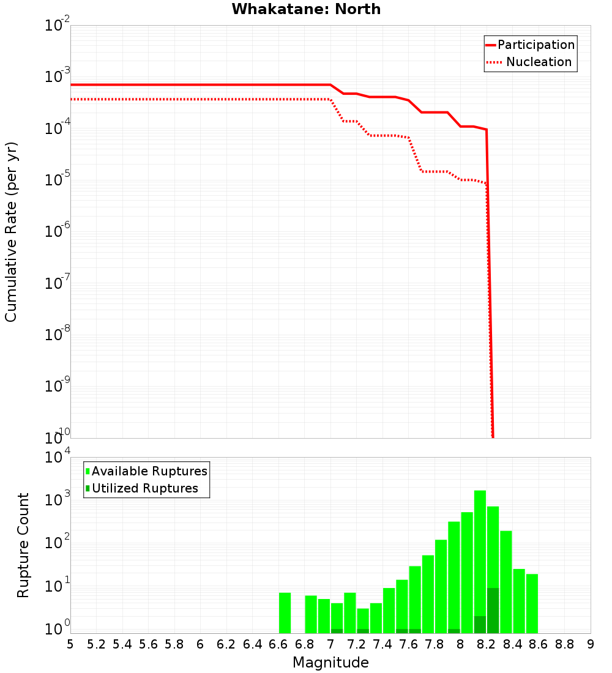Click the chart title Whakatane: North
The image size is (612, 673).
[x=306, y=9]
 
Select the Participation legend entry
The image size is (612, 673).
[x=535, y=45]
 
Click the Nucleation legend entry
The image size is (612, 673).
[x=539, y=62]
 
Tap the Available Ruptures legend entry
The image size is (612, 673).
[x=149, y=471]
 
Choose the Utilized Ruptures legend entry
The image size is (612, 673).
[x=144, y=488]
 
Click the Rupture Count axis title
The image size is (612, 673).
[x=23, y=545]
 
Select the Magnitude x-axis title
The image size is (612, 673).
[x=330, y=663]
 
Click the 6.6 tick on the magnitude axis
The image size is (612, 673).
[x=278, y=644]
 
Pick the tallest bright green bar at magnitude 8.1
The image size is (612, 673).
[x=480, y=551]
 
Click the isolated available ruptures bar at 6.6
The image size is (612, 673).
[x=285, y=612]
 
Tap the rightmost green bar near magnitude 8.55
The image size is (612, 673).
[x=532, y=603]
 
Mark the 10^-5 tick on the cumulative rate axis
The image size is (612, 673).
[x=58, y=180]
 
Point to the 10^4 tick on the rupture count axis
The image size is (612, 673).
[x=58, y=458]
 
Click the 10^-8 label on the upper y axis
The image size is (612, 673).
[x=58, y=335]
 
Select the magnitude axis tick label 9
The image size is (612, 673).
[x=590, y=644]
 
